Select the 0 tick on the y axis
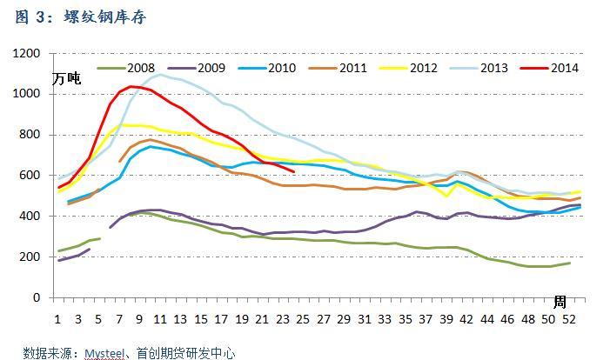click(x=37, y=297)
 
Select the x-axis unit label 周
click(x=560, y=302)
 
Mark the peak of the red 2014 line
click(x=131, y=86)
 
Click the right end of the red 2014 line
click(x=295, y=171)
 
